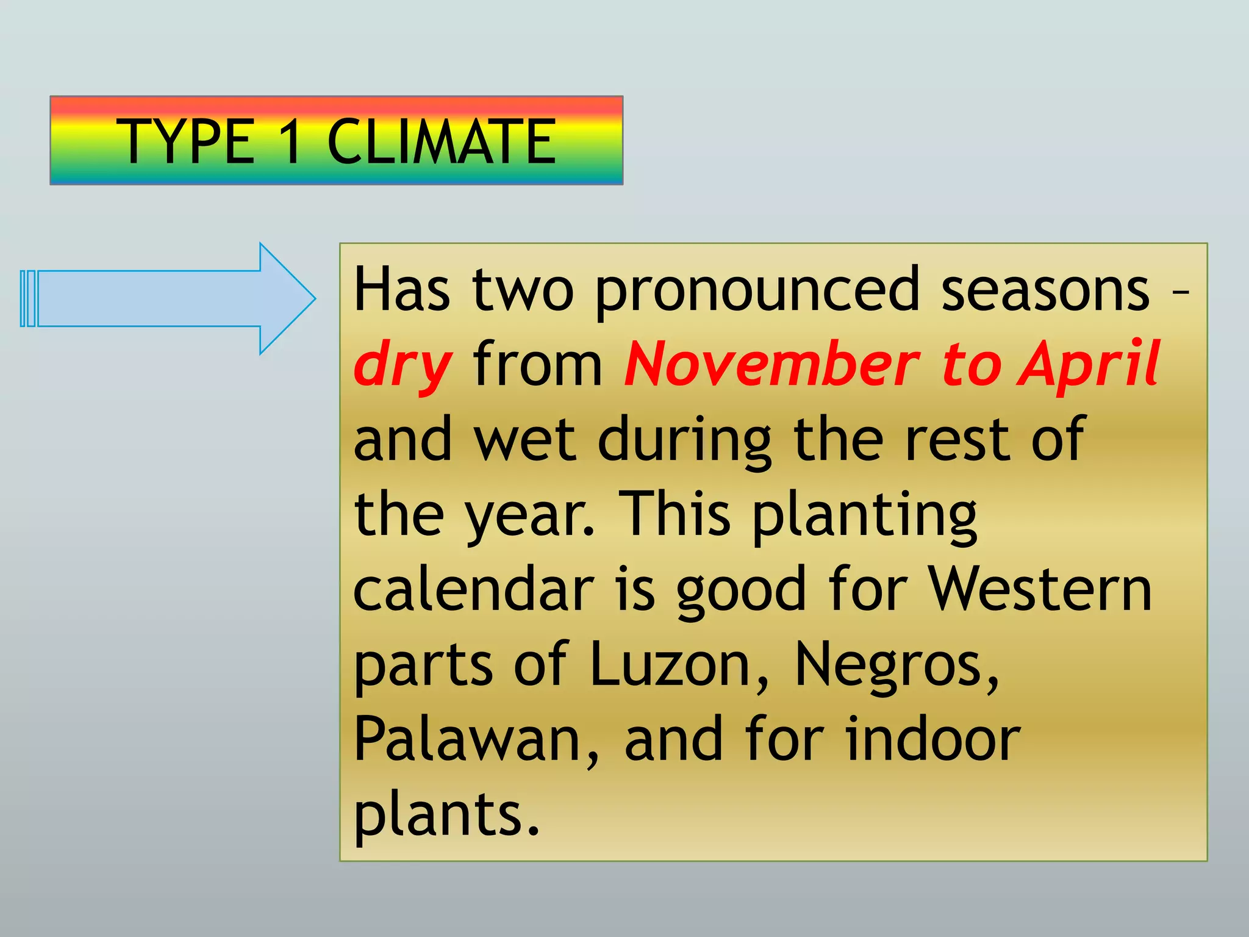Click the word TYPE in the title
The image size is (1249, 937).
coord(189,142)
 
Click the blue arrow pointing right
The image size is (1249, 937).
coord(168,298)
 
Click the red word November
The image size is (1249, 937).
coord(771,364)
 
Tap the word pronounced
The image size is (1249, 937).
coord(756,290)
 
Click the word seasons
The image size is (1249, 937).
coord(1045,290)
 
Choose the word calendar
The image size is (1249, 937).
coord(473,588)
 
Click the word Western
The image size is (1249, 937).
coord(1039,588)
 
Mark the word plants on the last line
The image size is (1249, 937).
coord(446,815)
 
